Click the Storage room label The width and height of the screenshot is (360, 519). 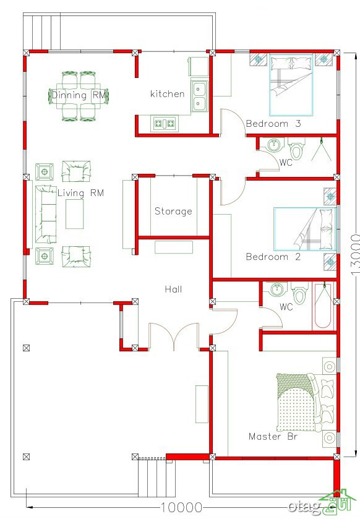pos(173,211)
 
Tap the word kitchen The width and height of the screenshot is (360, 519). pos(167,93)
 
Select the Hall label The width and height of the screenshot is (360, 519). pos(173,290)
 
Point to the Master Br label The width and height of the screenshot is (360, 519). pos(273,436)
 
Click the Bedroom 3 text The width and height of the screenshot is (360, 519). pos(273,124)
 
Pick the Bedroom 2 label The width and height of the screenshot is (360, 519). pos(273,257)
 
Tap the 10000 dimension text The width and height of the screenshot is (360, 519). pos(181,507)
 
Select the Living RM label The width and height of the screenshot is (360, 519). pos(81,193)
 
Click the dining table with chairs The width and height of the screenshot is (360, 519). pos(79,96)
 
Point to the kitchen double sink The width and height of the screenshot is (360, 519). pos(200,96)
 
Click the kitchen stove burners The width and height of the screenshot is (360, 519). pos(165,124)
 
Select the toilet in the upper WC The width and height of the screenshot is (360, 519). pos(297,148)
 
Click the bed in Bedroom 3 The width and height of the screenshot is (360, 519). pos(291,85)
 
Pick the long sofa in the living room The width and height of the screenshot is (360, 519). pos(46,214)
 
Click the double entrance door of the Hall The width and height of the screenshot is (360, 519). pos(174,336)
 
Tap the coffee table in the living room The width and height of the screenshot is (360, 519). pos(74,214)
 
